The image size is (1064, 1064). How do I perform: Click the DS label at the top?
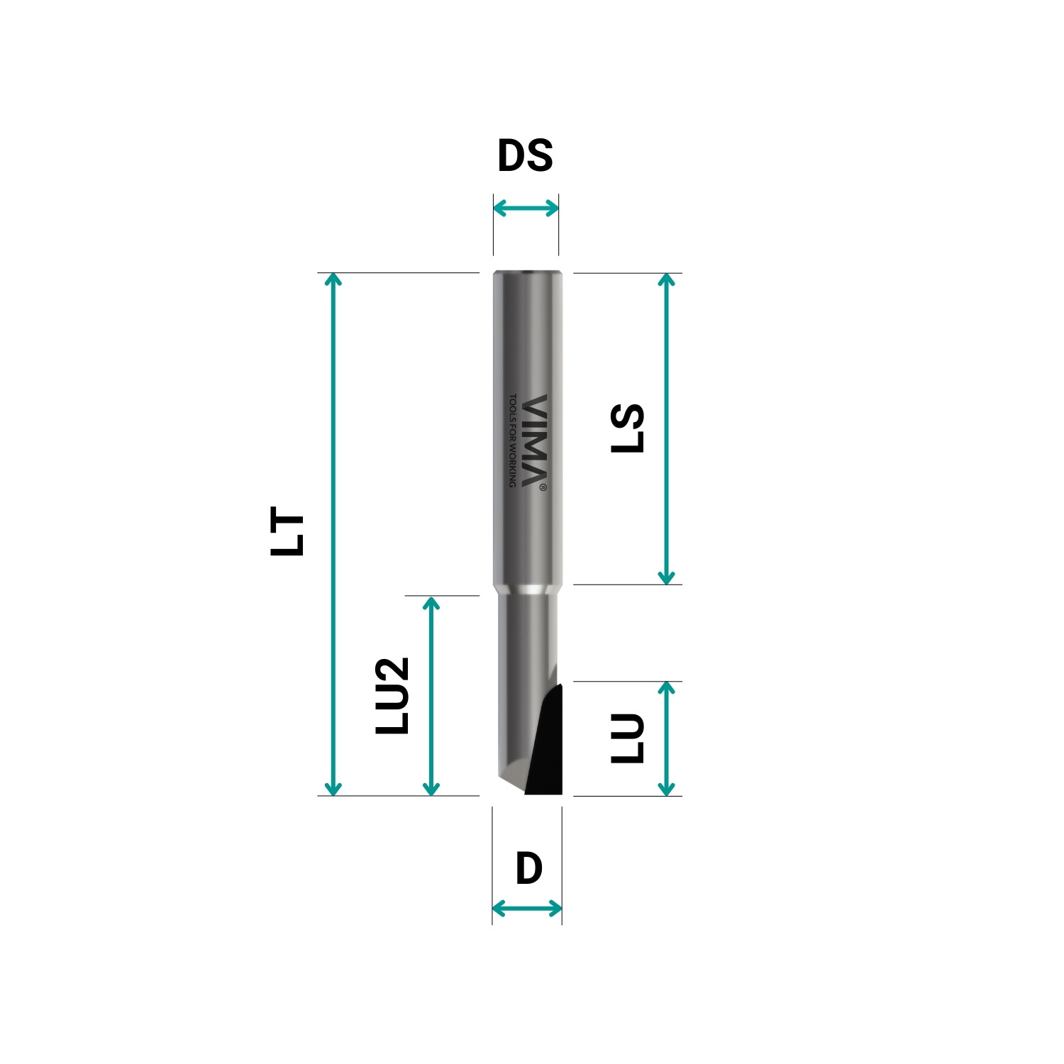point(525,155)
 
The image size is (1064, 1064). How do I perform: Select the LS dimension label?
point(627,428)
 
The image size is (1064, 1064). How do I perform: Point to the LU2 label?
point(392,696)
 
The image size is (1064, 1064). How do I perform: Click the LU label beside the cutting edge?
point(627,738)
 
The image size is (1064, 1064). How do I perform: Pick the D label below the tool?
point(528,869)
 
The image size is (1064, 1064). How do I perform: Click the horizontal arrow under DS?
point(526,209)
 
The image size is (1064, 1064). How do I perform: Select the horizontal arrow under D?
point(527,908)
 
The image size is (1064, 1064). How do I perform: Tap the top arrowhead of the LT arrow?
point(333,278)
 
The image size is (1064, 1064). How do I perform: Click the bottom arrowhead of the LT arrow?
point(333,789)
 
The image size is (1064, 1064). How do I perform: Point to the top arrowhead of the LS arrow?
point(666,279)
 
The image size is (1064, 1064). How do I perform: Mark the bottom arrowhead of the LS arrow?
point(666,578)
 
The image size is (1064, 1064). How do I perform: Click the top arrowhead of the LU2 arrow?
point(431,602)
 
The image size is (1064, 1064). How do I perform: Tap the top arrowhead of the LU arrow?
point(666,687)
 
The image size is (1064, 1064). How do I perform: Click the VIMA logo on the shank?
point(535,440)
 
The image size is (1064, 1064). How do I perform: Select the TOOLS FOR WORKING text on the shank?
point(513,440)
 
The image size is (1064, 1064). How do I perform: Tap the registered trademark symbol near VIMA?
point(543,487)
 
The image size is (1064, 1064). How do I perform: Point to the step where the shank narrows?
point(528,589)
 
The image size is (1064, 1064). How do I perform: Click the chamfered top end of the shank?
point(528,273)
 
